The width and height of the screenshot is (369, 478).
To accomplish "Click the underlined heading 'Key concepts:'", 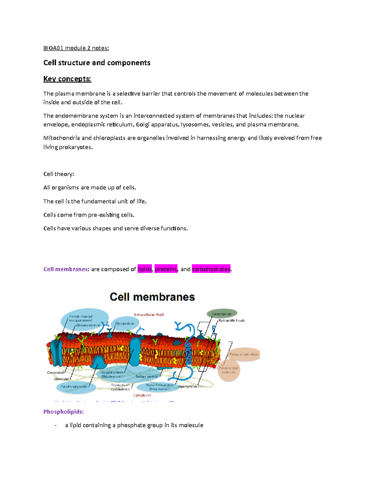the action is pyautogui.click(x=67, y=79).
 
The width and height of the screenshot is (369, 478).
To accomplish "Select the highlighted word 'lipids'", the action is pyautogui.click(x=145, y=269).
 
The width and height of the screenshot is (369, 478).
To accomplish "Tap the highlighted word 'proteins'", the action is pyautogui.click(x=166, y=269).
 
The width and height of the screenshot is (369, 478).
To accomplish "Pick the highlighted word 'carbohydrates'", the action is pyautogui.click(x=211, y=269).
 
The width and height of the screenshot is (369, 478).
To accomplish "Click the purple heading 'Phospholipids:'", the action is pyautogui.click(x=64, y=412).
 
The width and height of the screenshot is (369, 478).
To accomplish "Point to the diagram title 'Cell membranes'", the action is pyautogui.click(x=152, y=297).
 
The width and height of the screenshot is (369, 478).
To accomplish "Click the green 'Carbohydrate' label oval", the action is pyautogui.click(x=222, y=314).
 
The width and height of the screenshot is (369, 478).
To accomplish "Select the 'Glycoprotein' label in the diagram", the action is pyautogui.click(x=125, y=323).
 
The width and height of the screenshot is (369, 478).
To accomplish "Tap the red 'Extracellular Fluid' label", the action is pyautogui.click(x=149, y=315).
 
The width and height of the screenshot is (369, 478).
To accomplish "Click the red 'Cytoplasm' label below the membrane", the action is pyautogui.click(x=142, y=395).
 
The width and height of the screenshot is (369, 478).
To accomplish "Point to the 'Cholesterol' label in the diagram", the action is pyautogui.click(x=55, y=372).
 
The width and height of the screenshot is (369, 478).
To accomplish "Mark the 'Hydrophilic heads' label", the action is pyautogui.click(x=232, y=320).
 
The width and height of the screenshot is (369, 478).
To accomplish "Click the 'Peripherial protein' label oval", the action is pyautogui.click(x=74, y=386).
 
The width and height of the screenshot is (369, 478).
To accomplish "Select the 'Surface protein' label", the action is pyautogui.click(x=147, y=376).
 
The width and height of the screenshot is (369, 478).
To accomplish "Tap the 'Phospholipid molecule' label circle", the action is pyautogui.click(x=228, y=370).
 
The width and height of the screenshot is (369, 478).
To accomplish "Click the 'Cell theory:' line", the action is pyautogui.click(x=59, y=174).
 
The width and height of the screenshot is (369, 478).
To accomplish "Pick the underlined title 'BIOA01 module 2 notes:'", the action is pyautogui.click(x=76, y=48).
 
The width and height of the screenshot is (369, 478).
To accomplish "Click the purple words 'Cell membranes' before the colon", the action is pyautogui.click(x=65, y=269).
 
